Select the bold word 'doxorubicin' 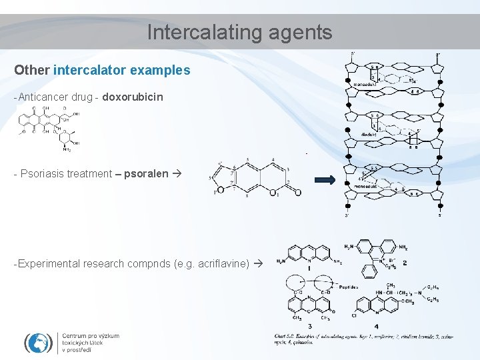pyautogui.click(x=133, y=97)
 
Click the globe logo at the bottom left pyautogui.click(x=38, y=342)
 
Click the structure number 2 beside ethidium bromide pyautogui.click(x=405, y=263)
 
